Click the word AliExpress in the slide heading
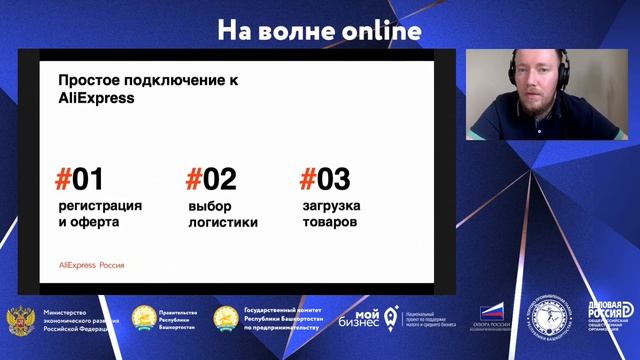pyautogui.click(x=96, y=99)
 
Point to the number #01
pyautogui.click(x=79, y=180)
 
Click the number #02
pyautogui.click(x=211, y=180)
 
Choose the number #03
pyautogui.click(x=325, y=180)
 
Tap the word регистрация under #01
pyautogui.click(x=100, y=205)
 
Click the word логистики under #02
pyautogui.click(x=223, y=222)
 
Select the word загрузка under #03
pyautogui.click(x=331, y=205)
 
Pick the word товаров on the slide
pyautogui.click(x=329, y=222)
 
